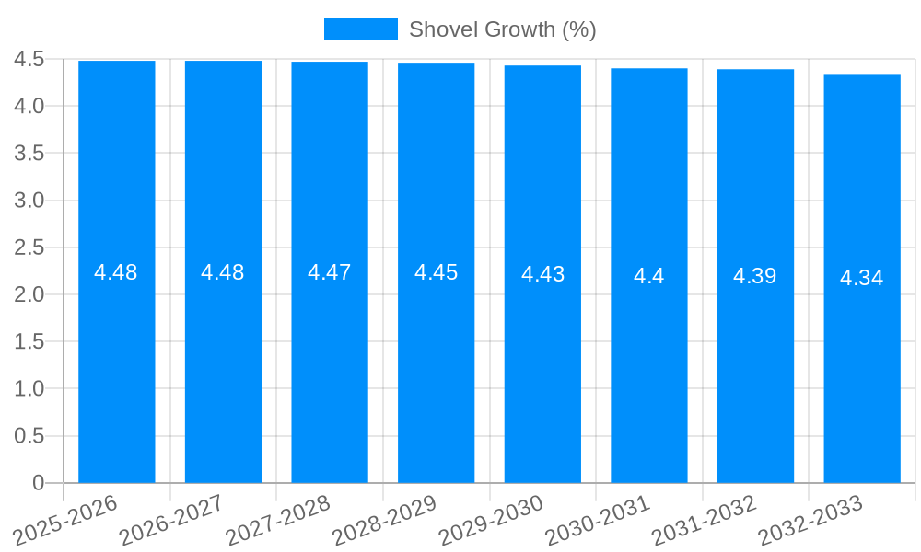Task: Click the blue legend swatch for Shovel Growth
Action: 360,29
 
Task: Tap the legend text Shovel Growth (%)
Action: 502,29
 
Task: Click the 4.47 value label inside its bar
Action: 330,272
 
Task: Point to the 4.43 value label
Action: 542,274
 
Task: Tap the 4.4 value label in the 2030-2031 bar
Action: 649,276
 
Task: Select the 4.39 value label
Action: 755,276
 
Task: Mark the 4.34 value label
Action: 862,278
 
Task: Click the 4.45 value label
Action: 436,272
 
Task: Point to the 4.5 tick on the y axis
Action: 29,59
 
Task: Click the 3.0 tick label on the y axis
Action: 29,201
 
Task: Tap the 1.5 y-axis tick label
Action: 29,341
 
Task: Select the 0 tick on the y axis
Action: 38,483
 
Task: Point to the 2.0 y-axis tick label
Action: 29,294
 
